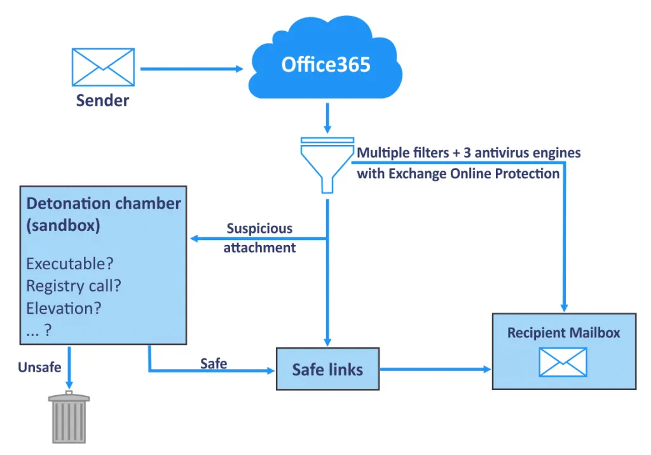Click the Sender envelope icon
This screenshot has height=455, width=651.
[102, 67]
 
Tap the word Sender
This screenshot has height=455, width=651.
[102, 101]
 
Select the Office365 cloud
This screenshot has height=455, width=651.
[325, 64]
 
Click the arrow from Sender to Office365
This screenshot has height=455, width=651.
[191, 69]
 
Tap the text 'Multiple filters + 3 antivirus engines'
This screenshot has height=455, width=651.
[469, 153]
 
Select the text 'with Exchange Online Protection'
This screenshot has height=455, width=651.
[458, 173]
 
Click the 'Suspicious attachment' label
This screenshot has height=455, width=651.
[259, 238]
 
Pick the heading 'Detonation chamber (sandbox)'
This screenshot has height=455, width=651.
[103, 214]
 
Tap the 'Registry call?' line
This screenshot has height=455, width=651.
[73, 286]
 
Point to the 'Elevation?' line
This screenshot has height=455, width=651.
[64, 308]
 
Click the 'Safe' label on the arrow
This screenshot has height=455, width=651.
[214, 363]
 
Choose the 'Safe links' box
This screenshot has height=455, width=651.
[327, 369]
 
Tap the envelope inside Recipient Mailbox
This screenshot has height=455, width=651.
[563, 362]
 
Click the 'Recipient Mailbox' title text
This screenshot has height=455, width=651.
[563, 333]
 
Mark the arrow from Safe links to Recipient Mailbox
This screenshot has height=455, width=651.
[435, 368]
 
